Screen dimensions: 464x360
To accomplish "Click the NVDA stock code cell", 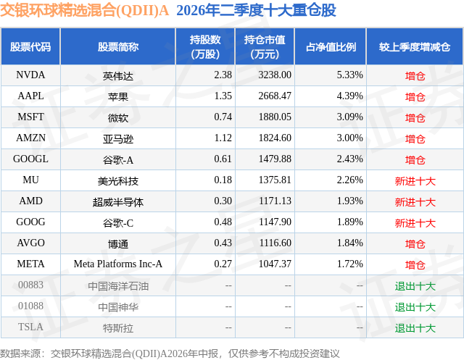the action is point(30,75).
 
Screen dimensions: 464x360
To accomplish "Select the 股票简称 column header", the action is point(118,46).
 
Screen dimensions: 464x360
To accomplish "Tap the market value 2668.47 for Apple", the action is point(275,96).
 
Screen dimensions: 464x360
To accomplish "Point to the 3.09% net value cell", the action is point(349,117).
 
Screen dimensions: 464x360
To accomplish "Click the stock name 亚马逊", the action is point(118,138).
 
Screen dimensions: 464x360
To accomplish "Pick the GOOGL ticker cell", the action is point(30,159).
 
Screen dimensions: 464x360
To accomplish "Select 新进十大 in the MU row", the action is point(415,181).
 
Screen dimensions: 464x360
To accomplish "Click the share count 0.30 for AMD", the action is point(223,201).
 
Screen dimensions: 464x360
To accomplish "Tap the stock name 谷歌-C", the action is point(118,223).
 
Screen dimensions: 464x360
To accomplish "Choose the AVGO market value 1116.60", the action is point(275,243).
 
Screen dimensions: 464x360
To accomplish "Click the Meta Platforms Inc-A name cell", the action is point(118,264).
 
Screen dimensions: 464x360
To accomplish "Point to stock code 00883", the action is point(30,285).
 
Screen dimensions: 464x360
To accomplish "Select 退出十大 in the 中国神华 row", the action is point(415,307).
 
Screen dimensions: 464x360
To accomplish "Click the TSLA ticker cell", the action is point(30,327).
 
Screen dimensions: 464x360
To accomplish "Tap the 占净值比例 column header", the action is point(331,46).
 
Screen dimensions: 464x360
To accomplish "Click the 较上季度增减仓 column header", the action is point(415,46).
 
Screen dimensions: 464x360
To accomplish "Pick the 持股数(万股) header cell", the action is point(205,46).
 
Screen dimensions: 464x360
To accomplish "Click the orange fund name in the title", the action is point(84,11).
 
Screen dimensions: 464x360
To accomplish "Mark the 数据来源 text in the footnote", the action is point(20,353).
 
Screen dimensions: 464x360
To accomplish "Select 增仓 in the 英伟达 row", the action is point(415,76).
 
